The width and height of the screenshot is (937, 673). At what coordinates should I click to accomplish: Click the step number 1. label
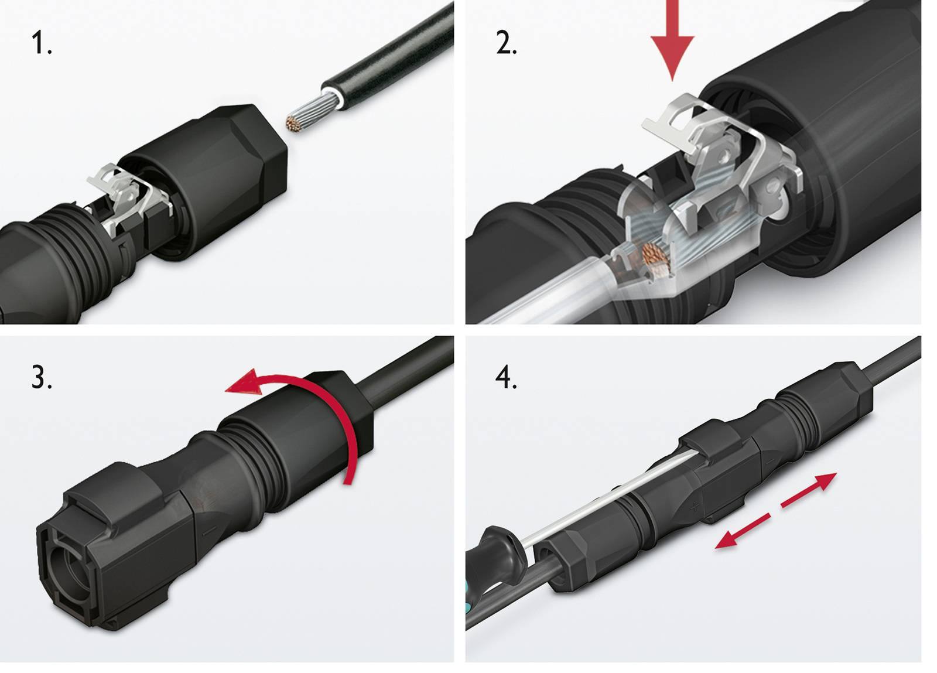pos(42,44)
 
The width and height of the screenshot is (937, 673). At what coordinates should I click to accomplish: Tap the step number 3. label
pos(42,378)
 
